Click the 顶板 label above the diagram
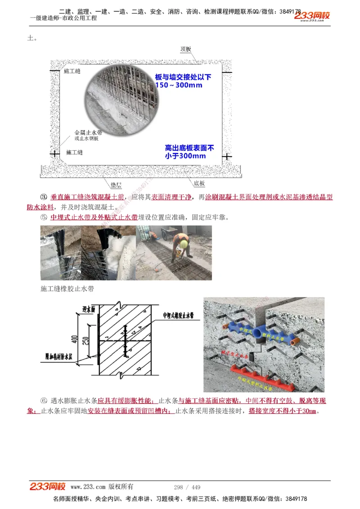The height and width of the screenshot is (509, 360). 186,49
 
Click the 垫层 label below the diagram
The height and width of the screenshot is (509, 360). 116,185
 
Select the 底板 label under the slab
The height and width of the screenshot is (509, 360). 199,183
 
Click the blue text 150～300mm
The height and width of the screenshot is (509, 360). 179,85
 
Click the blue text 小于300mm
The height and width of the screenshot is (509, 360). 185,156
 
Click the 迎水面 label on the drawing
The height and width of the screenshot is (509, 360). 88,309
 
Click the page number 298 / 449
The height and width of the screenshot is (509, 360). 187,487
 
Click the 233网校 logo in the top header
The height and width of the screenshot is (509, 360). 312,16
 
